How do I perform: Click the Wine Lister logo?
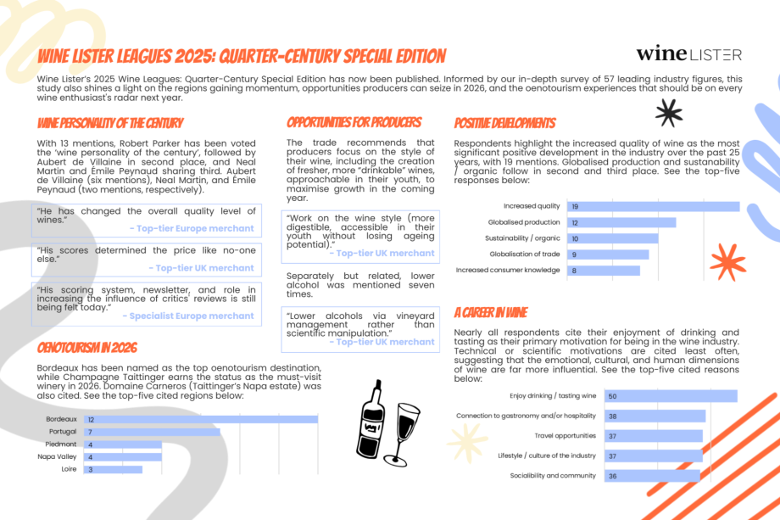point(688,54)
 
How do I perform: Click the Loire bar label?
point(70,468)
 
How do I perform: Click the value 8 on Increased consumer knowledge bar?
point(574,271)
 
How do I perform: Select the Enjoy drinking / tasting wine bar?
point(670,396)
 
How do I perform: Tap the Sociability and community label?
point(553,476)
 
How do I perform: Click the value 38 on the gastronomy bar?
point(612,417)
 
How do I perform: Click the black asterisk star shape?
point(668,112)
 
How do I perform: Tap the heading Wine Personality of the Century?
point(110,123)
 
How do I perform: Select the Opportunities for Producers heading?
point(354,123)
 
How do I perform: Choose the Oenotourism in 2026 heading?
point(87,348)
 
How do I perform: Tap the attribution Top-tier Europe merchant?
point(192,228)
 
